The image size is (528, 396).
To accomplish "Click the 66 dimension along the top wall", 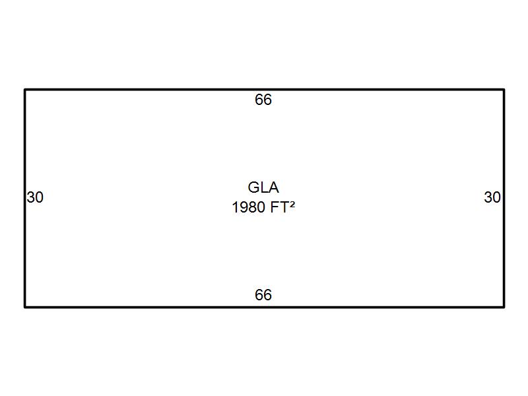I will click(263, 100).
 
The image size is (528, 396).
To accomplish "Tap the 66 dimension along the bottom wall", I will click(263, 295).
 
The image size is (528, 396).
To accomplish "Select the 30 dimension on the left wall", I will click(35, 197).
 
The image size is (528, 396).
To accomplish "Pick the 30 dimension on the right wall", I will click(492, 197).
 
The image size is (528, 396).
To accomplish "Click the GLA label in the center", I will click(263, 187).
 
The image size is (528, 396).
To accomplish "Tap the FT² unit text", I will click(282, 207).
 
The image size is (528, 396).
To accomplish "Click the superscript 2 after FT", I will click(292, 205).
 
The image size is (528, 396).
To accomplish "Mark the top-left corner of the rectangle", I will click(25, 89).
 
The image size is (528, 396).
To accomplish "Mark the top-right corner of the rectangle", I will click(504, 89).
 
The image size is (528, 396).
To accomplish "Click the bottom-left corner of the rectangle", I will click(25, 307).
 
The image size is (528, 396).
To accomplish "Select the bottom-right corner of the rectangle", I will click(504, 307).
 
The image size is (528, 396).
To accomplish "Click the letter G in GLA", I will click(254, 187).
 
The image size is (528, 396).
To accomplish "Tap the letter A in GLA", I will click(274, 187).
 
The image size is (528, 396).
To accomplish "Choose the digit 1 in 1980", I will click(236, 207).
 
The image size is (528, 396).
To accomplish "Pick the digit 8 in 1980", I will click(252, 207).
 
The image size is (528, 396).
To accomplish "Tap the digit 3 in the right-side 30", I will click(488, 197).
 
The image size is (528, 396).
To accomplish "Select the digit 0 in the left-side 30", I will click(39, 197).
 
